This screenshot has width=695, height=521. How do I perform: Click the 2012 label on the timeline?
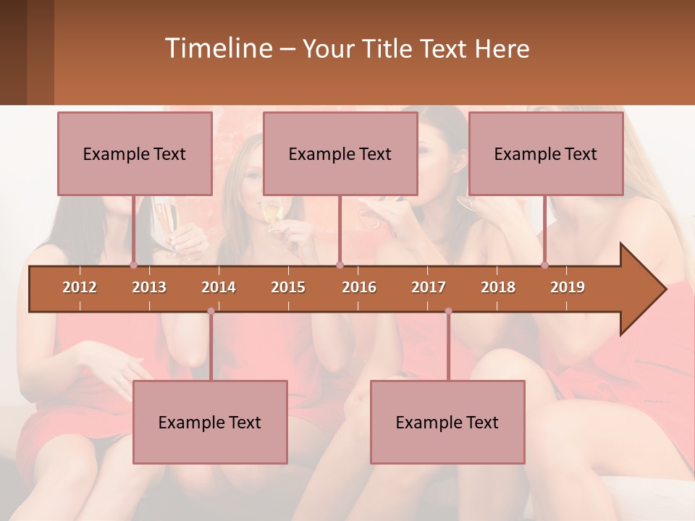pos(80,287)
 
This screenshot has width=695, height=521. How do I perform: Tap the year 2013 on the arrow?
pos(149,287)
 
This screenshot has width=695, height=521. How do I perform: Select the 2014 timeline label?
pos(219,287)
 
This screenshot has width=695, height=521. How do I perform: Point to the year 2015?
pos(288,287)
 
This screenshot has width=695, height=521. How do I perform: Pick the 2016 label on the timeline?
pos(359,287)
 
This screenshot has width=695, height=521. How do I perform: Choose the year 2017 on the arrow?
pos(429,287)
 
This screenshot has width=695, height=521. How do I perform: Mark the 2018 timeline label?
pos(498,287)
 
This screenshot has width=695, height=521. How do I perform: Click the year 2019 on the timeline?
pos(568,287)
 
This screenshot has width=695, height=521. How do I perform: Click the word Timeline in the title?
pos(217,48)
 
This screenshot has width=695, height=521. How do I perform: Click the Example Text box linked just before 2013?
pos(135,153)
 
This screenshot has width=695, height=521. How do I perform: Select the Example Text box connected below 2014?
pos(210,422)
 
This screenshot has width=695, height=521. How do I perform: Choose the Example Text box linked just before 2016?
pos(340,153)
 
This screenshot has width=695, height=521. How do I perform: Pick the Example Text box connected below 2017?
pos(447,422)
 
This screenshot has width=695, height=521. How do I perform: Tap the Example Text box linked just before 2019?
pos(546,153)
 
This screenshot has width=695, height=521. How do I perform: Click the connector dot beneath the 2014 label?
pos(211,311)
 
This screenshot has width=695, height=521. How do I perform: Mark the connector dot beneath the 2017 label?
pos(448,311)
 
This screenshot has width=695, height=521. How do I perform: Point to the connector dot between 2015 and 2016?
pos(340,265)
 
